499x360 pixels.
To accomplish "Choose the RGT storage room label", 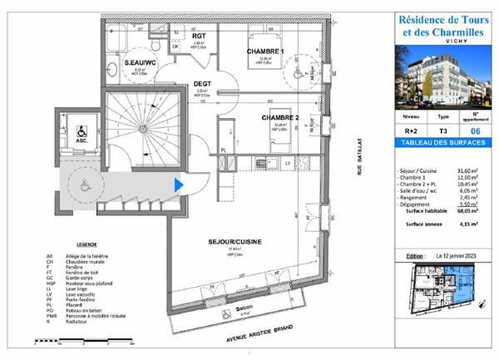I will (x=199, y=37).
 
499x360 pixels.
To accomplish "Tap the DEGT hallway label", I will (x=201, y=83).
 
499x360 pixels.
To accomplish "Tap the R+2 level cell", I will (x=410, y=131).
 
